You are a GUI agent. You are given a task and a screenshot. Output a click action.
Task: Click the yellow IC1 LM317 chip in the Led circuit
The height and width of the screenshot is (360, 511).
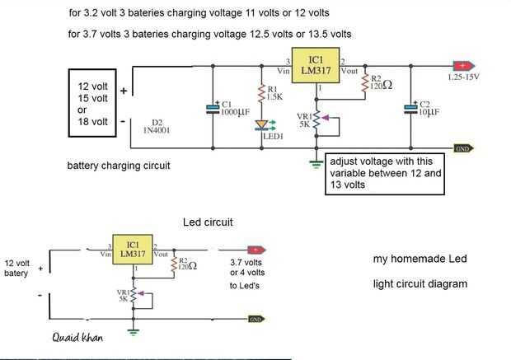click(x=132, y=250)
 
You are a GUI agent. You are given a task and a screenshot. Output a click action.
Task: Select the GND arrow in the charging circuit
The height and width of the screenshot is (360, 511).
click(x=462, y=148)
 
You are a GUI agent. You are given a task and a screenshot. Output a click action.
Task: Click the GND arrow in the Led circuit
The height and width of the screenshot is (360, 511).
click(x=255, y=318)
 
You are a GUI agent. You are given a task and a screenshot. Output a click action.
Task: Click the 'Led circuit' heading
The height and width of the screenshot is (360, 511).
click(x=206, y=222)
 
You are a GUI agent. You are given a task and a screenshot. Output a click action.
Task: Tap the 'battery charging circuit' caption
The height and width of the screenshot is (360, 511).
click(x=119, y=166)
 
